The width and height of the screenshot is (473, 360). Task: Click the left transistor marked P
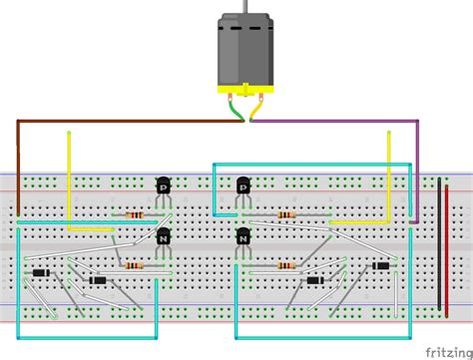point(164,185)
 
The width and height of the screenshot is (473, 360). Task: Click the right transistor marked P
point(243,185)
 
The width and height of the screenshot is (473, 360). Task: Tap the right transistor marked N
point(243,237)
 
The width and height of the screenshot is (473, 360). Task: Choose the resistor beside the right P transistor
point(287,214)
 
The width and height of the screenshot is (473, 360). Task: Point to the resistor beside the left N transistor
point(134,265)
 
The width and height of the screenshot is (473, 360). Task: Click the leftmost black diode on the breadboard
point(40,273)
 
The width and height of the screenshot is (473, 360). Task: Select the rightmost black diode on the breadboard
point(380,265)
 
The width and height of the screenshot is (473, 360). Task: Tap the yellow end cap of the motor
point(245,91)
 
